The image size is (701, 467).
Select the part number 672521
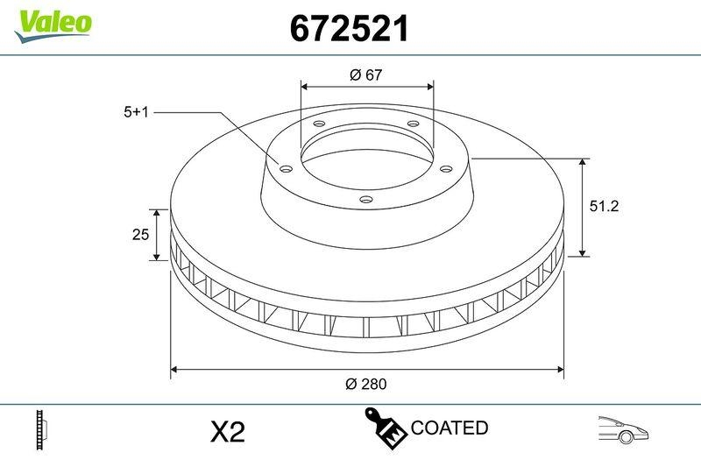tap(350, 29)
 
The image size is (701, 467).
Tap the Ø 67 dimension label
tap(366, 75)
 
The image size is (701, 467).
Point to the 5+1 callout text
tap(138, 112)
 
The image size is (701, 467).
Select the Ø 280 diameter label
tap(366, 384)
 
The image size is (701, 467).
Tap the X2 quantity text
tap(228, 432)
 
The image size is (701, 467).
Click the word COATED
tap(449, 428)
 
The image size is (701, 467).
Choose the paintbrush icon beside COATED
tap(386, 428)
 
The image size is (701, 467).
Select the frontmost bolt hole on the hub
tap(365, 200)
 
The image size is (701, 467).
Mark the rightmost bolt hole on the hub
tap(444, 169)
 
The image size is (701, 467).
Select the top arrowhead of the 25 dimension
tap(157, 214)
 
